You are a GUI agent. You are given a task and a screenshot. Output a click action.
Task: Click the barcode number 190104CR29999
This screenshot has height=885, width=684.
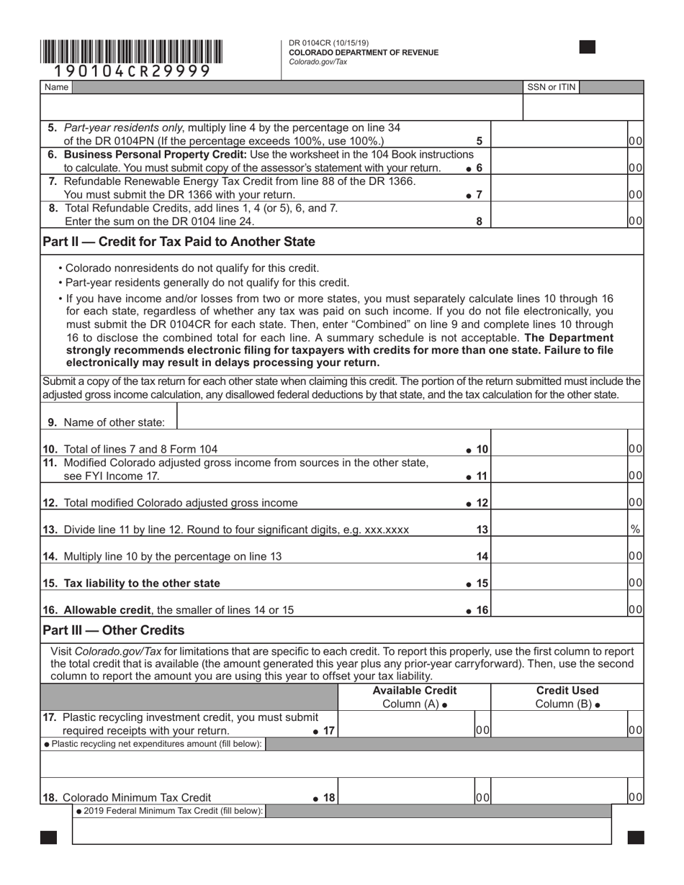pos(132,71)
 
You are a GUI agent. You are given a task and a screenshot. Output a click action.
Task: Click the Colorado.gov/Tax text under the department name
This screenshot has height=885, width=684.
pos(318,62)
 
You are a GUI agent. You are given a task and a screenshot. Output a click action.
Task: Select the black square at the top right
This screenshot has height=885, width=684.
pos(588,47)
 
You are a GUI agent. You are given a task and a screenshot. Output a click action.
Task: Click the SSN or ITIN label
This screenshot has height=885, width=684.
pos(552,87)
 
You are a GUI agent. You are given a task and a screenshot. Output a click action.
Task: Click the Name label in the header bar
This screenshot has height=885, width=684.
pos(56,87)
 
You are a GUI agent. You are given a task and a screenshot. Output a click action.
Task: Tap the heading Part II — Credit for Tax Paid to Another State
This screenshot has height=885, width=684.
pos(179,241)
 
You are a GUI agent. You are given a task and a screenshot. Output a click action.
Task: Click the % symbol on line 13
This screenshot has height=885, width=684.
pos(635,529)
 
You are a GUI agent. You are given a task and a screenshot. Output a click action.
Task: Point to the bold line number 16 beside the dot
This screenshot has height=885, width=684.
pos(482,610)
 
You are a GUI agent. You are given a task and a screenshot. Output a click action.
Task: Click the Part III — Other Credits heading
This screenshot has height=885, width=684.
pos(114,630)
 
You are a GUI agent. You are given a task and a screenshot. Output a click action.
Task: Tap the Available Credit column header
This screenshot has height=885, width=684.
pos(414,691)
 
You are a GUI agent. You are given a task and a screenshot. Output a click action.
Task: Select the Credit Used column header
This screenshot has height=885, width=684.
pos(567,691)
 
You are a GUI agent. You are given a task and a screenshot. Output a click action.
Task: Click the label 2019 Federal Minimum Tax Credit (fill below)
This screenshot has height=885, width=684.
pos(170,811)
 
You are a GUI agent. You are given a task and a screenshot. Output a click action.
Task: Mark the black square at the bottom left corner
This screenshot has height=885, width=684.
pos(49,838)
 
